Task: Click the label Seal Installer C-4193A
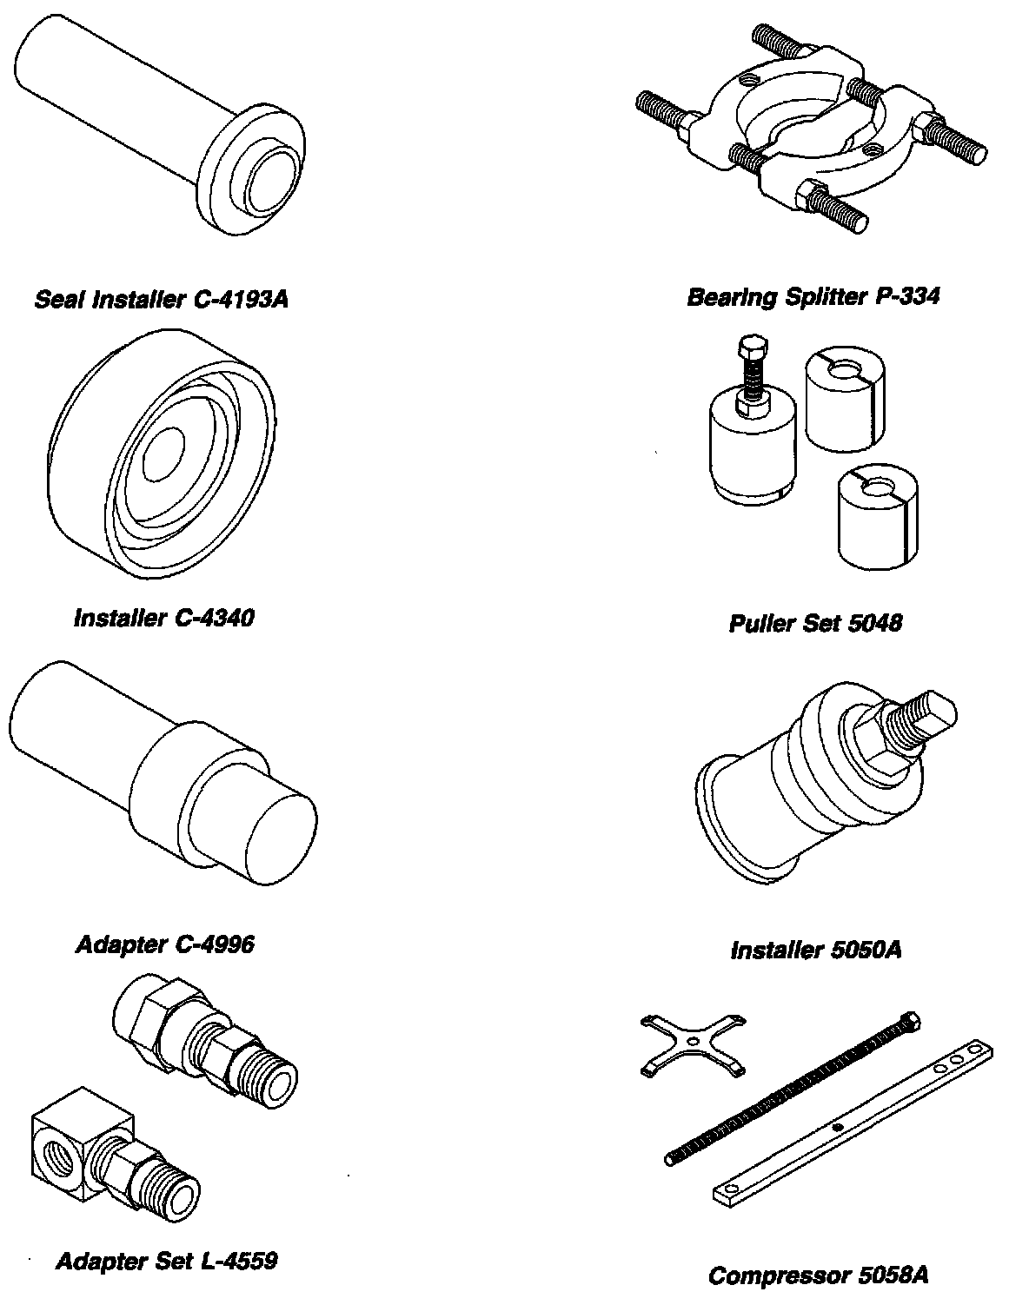[x=161, y=301]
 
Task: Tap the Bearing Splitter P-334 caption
[x=813, y=298]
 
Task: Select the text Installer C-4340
[x=164, y=619]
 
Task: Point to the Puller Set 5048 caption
[x=815, y=623]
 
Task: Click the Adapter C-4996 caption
[x=165, y=944]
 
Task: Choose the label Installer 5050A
[x=816, y=950]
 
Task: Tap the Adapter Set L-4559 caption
[x=167, y=1261]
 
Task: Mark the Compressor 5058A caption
[x=818, y=1275]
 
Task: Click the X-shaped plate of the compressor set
[x=692, y=1042]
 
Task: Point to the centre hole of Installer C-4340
[x=163, y=453]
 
